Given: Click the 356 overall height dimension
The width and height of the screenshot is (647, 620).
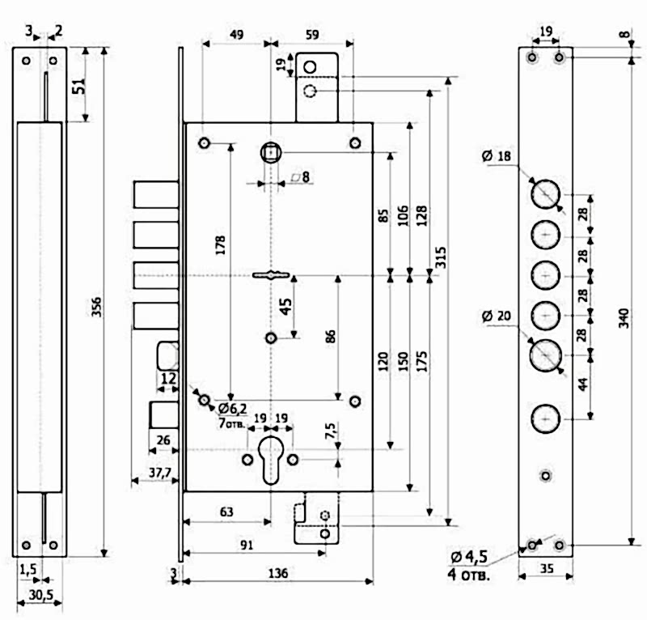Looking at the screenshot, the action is click(x=96, y=307).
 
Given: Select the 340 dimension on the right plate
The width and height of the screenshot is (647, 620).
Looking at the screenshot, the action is click(x=624, y=318).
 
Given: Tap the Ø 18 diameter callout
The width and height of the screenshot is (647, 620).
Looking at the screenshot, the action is click(x=497, y=156).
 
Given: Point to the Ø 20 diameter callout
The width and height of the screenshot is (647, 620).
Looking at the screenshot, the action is click(x=497, y=316).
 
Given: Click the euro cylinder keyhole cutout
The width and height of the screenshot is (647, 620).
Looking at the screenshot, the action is click(x=270, y=459).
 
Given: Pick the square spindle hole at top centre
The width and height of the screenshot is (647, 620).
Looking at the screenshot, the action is click(x=271, y=153).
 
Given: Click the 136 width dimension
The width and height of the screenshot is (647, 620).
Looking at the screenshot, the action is click(x=278, y=573).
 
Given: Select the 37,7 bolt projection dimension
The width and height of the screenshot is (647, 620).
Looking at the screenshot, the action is click(x=160, y=473).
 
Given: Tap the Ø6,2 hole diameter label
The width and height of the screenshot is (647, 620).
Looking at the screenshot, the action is click(x=232, y=409).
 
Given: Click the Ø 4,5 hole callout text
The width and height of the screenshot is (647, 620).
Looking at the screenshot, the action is click(x=469, y=557).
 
